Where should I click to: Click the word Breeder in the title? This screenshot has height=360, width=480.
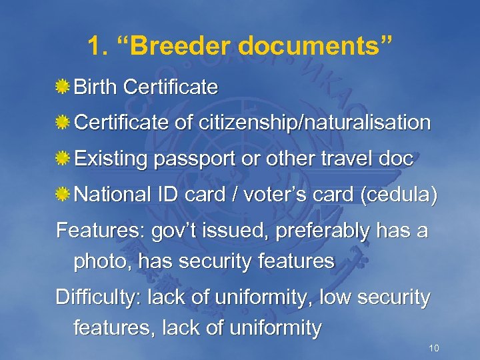pyautogui.click(x=184, y=46)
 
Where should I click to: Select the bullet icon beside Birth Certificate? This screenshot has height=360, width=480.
pyautogui.click(x=63, y=87)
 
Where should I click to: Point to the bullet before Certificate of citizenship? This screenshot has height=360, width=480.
pyautogui.click(x=63, y=123)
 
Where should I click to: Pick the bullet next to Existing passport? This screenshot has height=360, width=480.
pyautogui.click(x=63, y=159)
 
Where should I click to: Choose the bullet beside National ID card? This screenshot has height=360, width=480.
pyautogui.click(x=63, y=196)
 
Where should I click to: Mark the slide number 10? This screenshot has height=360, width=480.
pyautogui.click(x=434, y=349)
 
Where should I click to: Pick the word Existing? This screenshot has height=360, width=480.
pyautogui.click(x=111, y=160)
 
